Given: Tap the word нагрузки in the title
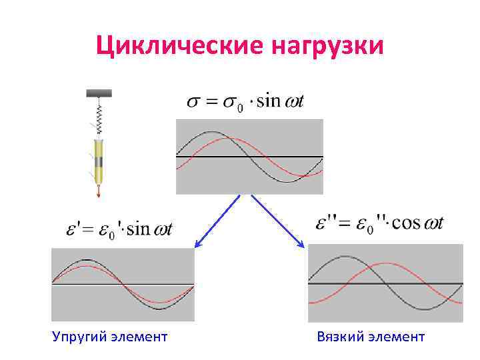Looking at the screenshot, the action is [x=328, y=47].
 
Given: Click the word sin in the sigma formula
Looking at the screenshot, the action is [x=269, y=101].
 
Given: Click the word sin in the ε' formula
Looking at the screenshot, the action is [x=139, y=229].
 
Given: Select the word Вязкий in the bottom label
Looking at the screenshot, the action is [x=341, y=337].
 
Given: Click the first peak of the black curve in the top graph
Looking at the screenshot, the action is [x=212, y=133].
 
